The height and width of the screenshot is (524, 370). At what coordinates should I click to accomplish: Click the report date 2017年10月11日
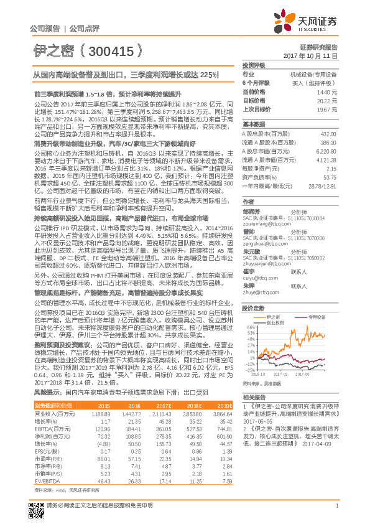pos(319,55)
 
